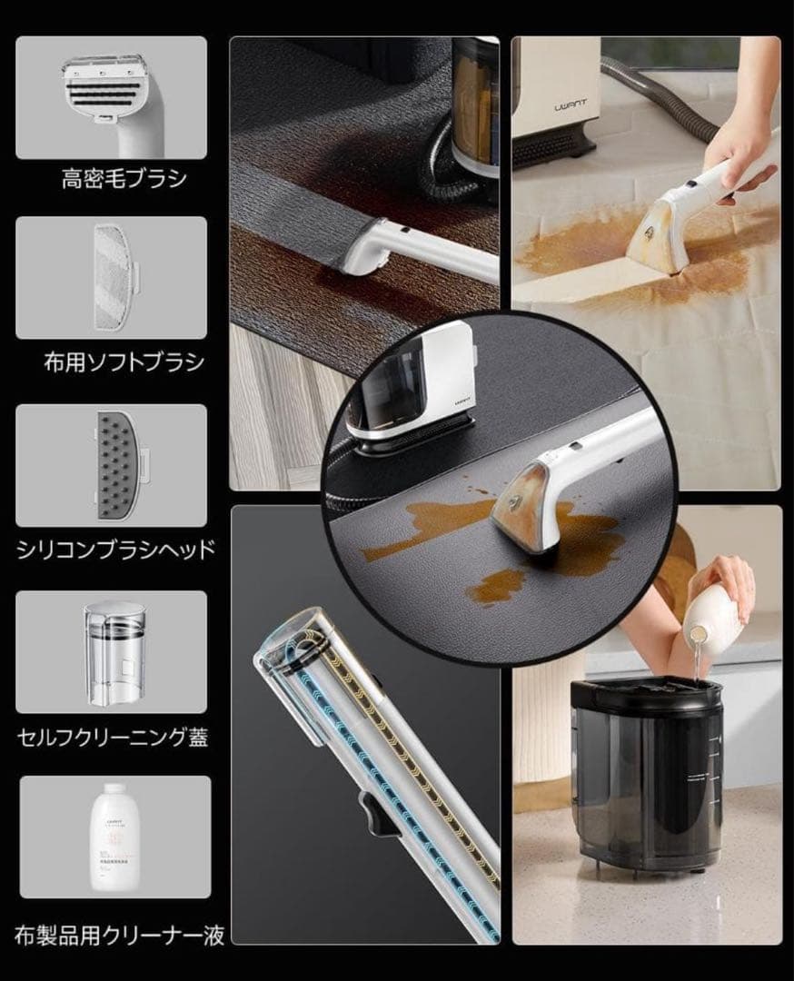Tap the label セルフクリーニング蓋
[x=111, y=736]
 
